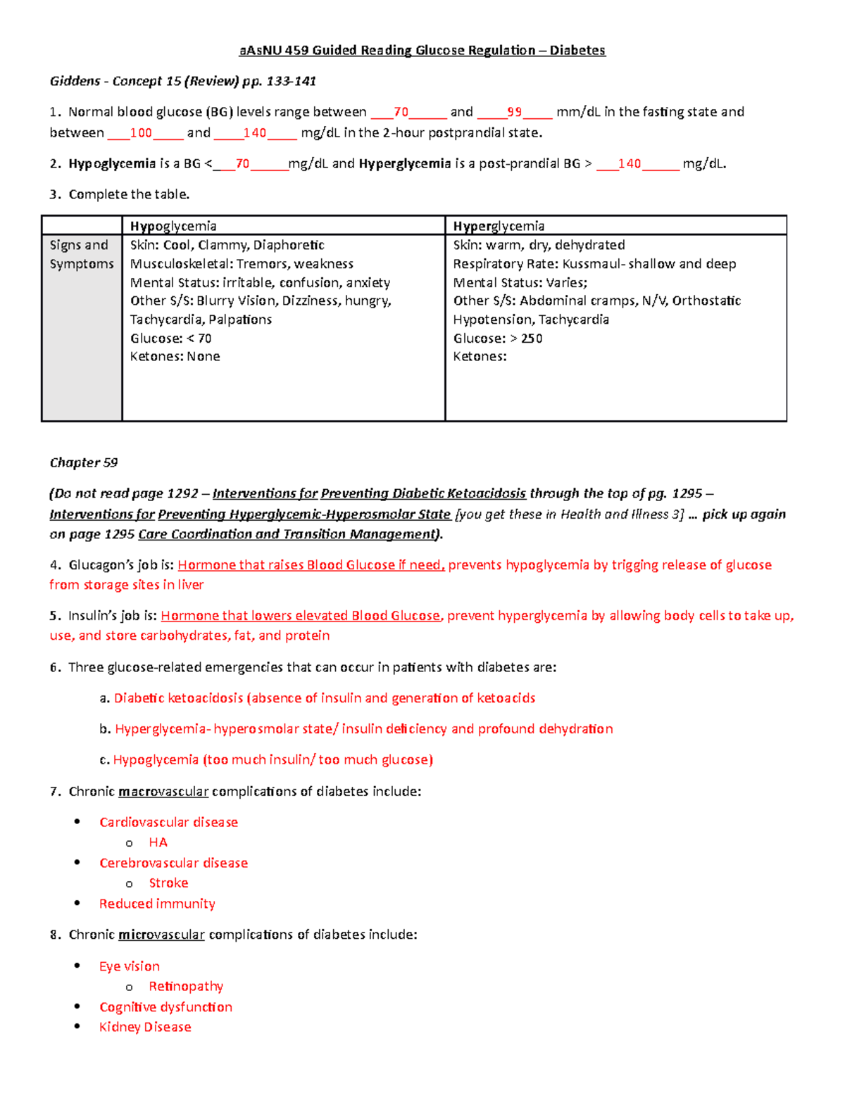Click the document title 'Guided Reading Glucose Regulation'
(x=423, y=50)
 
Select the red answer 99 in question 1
(x=514, y=112)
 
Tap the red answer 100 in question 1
(x=141, y=132)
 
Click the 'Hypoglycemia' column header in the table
(x=173, y=226)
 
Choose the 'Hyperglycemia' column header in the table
(x=499, y=226)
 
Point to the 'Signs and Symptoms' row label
(x=81, y=254)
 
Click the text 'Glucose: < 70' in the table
(x=170, y=338)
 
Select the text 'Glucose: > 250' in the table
(x=497, y=338)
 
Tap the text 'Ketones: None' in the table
(x=175, y=356)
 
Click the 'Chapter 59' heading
(x=83, y=462)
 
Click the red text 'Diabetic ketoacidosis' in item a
(x=178, y=697)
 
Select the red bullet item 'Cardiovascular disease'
(x=168, y=822)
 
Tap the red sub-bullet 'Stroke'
(x=168, y=883)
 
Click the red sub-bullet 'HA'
(x=158, y=842)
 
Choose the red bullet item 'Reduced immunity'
(x=157, y=903)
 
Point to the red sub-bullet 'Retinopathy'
(x=186, y=986)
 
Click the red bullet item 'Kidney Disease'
(x=145, y=1027)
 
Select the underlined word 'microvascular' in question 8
(x=161, y=935)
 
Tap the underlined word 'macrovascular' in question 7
(x=163, y=791)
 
